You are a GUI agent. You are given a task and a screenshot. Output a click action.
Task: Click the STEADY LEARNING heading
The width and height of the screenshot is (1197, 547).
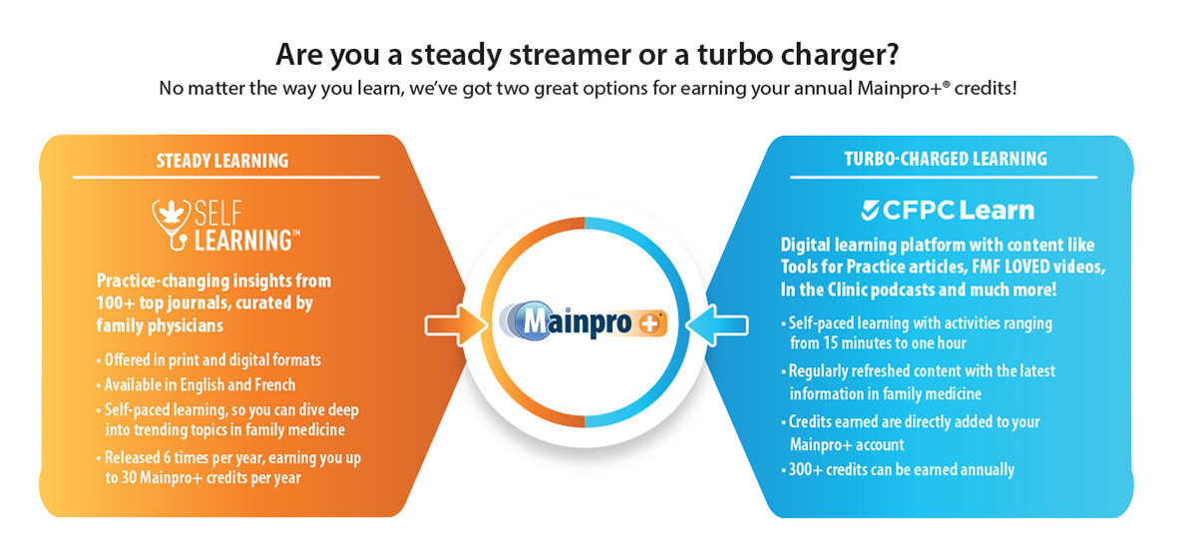pos(222,161)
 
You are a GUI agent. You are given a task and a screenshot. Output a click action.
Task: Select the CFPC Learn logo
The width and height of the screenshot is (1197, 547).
pos(947,210)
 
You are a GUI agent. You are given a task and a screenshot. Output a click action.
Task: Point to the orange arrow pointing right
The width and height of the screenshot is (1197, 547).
pos(450,324)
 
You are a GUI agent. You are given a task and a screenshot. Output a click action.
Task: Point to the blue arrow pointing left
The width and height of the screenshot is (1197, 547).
pos(732,324)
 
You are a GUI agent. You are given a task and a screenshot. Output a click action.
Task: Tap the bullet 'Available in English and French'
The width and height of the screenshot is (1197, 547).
pos(199,385)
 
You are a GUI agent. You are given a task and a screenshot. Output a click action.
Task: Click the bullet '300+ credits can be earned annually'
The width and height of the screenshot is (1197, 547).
pos(900,469)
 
